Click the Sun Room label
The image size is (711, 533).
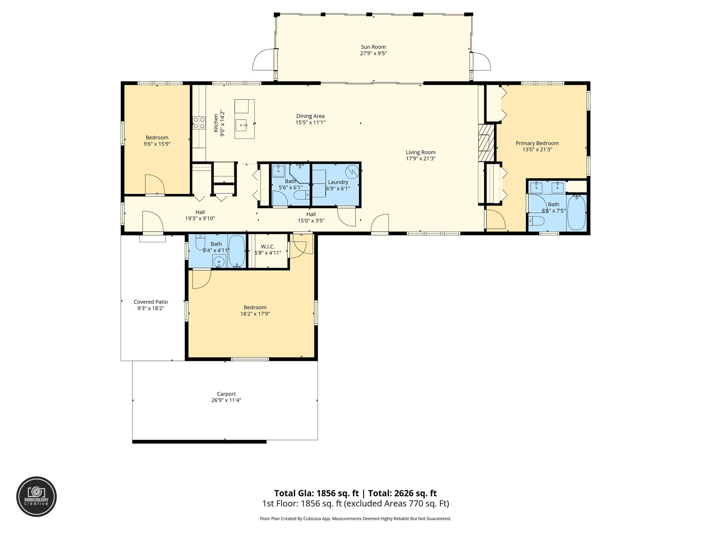click(373, 47)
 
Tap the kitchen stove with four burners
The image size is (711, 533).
click(199, 123)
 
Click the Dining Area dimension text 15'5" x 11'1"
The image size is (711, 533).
click(310, 122)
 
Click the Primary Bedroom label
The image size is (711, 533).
click(537, 143)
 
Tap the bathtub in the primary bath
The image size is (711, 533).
click(576, 213)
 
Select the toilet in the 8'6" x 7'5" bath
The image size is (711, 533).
click(536, 220)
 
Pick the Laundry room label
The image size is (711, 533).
click(338, 182)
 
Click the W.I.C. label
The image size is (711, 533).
click(268, 246)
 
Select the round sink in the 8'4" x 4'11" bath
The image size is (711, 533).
click(219, 262)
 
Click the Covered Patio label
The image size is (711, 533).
click(151, 302)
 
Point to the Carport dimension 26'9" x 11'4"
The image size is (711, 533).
click(226, 400)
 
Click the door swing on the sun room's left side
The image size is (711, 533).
click(263, 61)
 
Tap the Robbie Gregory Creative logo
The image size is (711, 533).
click(36, 497)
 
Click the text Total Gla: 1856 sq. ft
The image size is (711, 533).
click(316, 493)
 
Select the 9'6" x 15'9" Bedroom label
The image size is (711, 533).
click(157, 137)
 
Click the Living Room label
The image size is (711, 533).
click(420, 152)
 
